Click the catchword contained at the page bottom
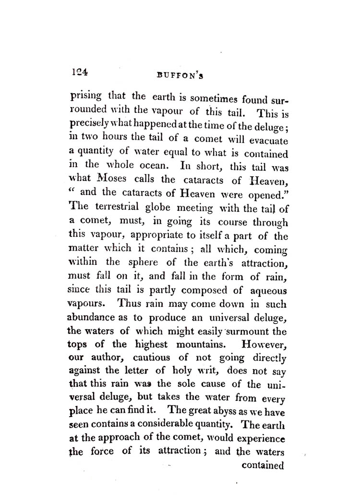click(264, 466)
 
